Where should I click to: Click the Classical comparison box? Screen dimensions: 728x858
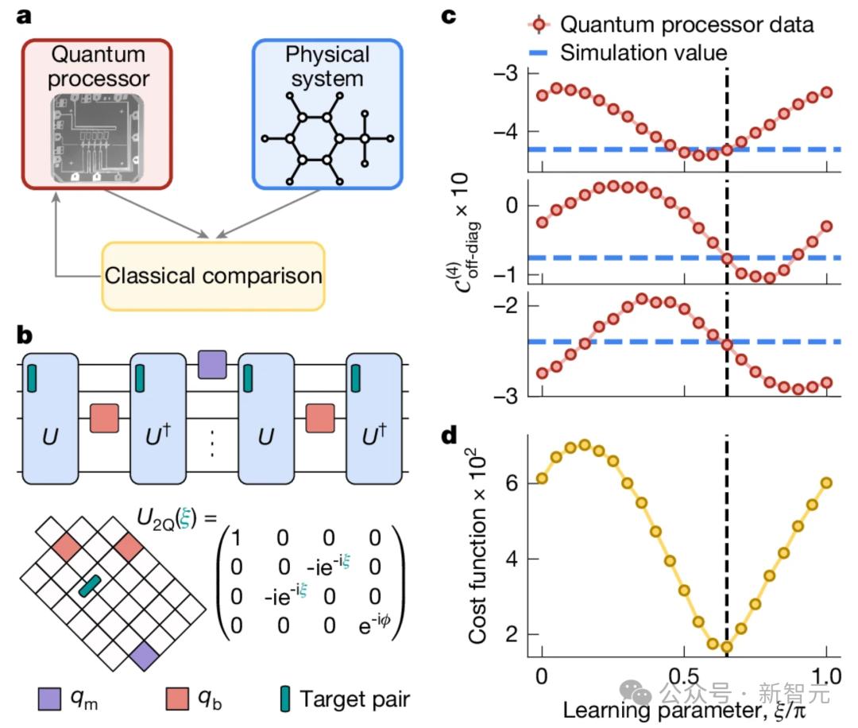213,275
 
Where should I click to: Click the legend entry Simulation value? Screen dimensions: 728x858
643,53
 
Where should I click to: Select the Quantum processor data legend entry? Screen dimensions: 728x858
686,25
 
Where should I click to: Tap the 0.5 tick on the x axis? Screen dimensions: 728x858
684,672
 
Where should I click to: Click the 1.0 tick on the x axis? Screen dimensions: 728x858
825,672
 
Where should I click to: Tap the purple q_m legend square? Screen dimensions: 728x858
50,699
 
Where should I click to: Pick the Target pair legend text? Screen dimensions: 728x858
355,699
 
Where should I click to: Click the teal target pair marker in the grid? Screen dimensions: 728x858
91,587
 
